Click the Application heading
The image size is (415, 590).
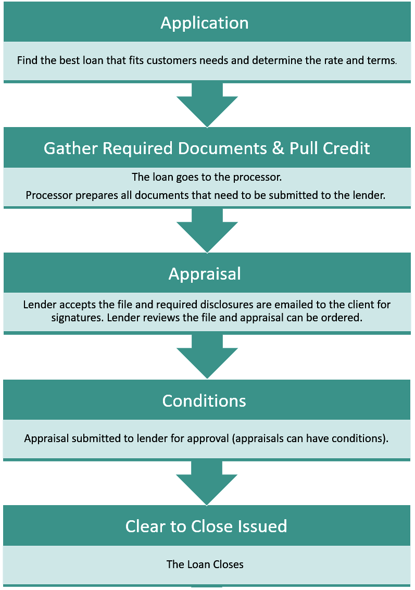(x=205, y=23)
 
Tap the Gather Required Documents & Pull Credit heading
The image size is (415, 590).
(x=207, y=148)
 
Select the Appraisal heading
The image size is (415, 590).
(x=205, y=274)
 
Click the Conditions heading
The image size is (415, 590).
(x=204, y=400)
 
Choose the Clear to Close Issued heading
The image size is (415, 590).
(x=206, y=526)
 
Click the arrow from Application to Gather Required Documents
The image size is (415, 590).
(x=207, y=104)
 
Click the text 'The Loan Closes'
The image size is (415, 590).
(x=205, y=564)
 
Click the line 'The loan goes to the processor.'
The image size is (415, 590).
(x=207, y=177)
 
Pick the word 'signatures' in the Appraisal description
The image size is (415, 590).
(x=77, y=317)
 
